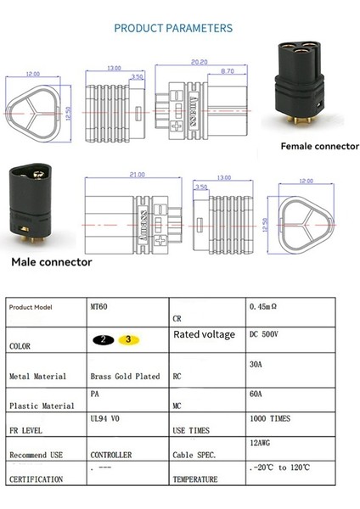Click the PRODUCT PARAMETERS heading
173,28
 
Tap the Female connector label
319,146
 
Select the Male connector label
51,262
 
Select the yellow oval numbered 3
127,339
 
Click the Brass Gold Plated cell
124,376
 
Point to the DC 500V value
264,334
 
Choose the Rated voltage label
204,335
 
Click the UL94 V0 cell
106,419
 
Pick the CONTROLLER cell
111,456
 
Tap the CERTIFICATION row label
36,479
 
